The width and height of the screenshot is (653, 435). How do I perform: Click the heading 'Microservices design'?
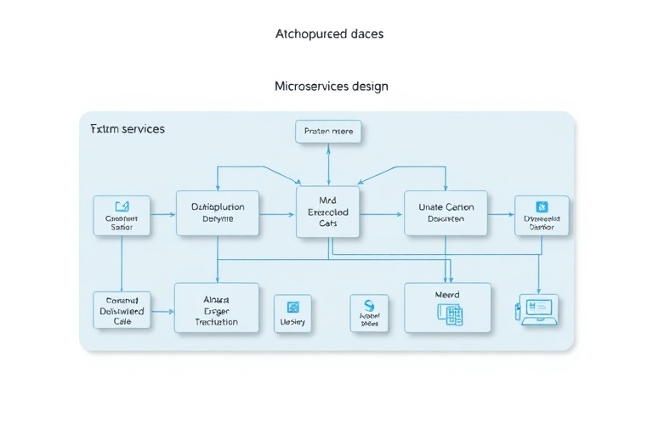332,87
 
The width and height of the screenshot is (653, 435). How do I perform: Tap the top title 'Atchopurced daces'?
329,34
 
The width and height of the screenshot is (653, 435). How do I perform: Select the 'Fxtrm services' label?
128,129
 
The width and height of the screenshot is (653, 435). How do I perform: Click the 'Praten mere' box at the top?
329,132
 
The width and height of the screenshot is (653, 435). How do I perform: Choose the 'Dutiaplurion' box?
218,212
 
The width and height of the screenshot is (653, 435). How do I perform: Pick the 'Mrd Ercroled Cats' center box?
328,212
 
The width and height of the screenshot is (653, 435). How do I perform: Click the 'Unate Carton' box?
446,212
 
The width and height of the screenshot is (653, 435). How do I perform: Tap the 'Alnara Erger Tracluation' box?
216,308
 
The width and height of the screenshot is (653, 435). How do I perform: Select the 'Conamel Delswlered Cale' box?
122,311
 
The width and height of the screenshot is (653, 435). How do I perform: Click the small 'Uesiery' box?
292,314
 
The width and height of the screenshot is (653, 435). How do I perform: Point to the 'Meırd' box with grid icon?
447,307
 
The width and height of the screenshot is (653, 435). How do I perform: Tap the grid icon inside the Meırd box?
449,314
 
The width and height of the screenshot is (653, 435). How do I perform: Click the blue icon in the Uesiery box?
292,307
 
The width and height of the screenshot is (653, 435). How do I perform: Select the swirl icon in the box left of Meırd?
369,307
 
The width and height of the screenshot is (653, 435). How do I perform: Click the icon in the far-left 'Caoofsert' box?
122,206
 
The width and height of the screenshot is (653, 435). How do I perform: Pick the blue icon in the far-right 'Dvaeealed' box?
542,206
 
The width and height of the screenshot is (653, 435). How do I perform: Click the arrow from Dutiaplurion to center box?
277,213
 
